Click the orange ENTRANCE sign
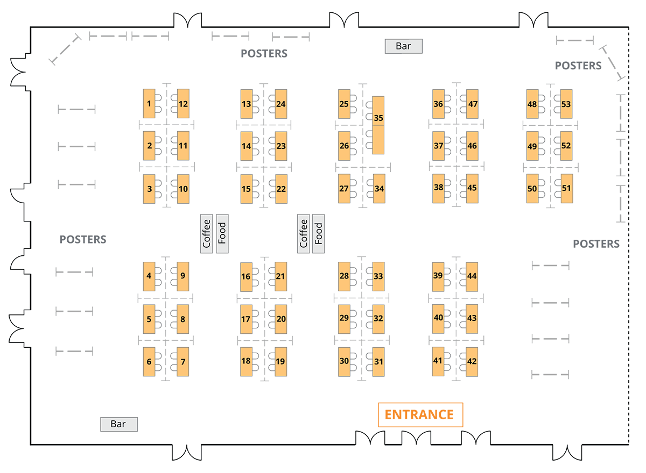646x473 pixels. (420, 415)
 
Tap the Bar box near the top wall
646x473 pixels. (403, 46)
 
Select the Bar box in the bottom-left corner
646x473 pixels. (119, 424)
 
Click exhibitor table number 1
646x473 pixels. (149, 103)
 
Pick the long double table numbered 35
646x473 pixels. (378, 125)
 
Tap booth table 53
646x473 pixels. (566, 104)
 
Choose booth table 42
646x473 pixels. (472, 362)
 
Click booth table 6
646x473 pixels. (149, 362)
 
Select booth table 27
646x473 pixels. (344, 189)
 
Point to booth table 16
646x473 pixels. (247, 277)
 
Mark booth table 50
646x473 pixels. (532, 189)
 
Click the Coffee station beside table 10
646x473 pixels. (207, 233)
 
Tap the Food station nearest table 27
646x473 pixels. (318, 233)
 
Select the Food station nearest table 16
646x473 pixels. (222, 233)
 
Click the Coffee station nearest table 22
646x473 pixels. (304, 233)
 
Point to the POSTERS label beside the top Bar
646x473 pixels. (264, 54)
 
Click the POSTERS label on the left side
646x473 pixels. (83, 240)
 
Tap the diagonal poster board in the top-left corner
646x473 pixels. (65, 49)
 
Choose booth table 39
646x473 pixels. (438, 277)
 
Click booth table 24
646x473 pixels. (281, 104)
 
